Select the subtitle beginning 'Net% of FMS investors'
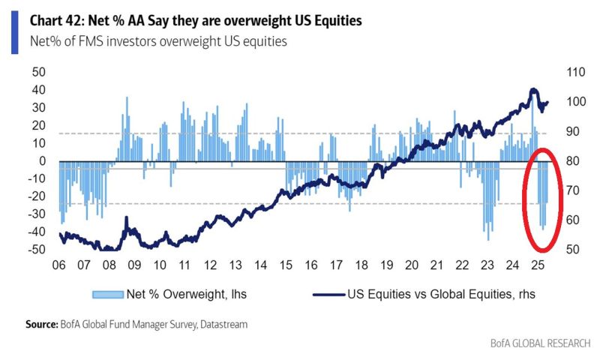point(158,42)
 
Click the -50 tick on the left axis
point(36,250)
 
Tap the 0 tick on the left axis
point(43,161)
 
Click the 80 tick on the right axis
point(568,161)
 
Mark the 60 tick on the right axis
point(568,220)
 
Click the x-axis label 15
point(286,265)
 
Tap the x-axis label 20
point(411,265)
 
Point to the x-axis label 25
point(536,265)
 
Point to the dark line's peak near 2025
point(532,89)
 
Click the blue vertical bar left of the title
point(14,31)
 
